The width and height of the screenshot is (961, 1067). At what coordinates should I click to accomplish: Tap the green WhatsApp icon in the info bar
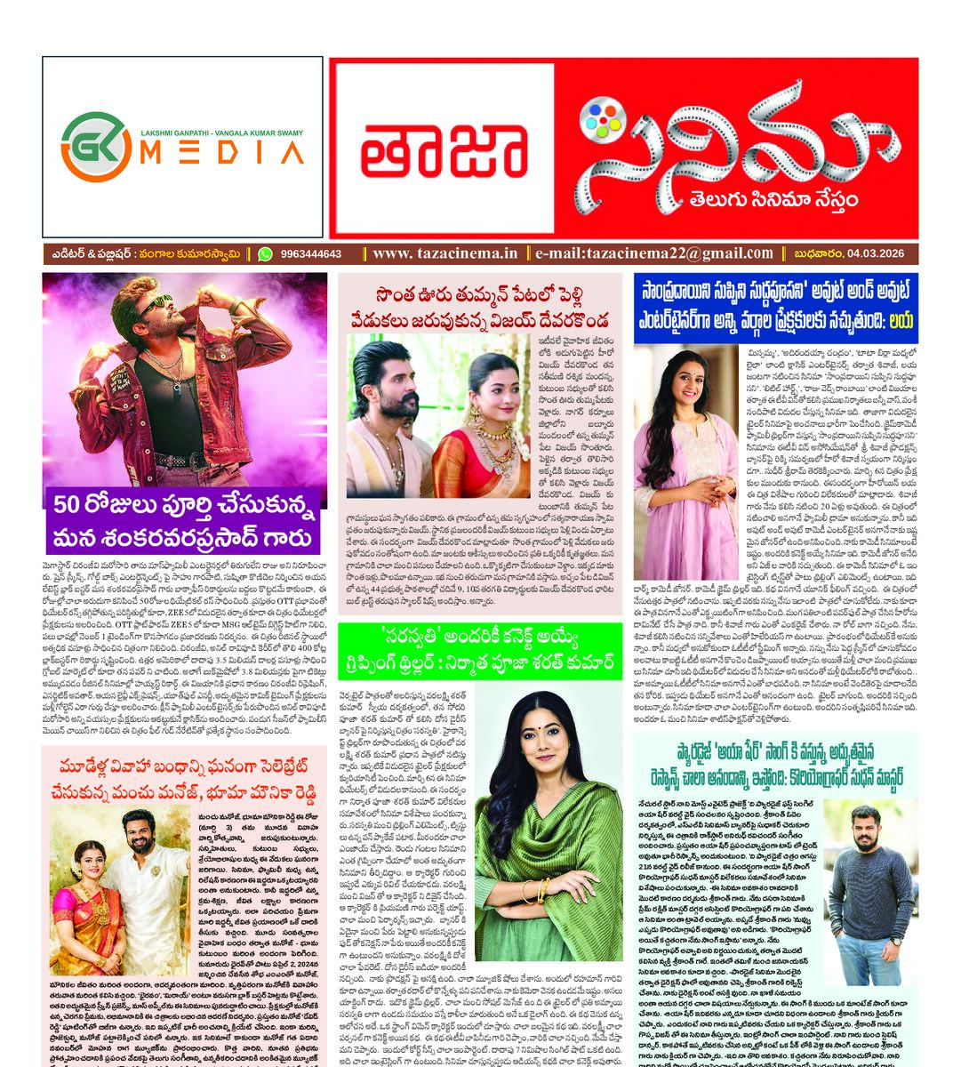click(x=265, y=253)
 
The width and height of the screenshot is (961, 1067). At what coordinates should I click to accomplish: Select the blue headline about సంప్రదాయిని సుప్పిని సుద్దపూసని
click(x=773, y=305)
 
